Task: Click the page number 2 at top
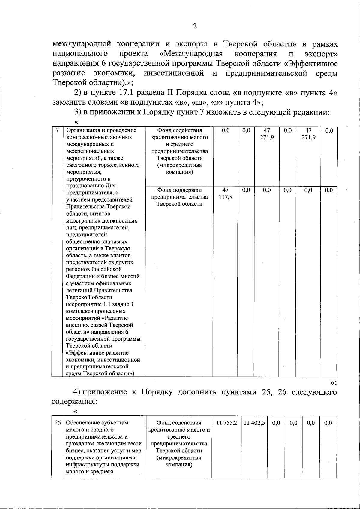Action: point(195,26)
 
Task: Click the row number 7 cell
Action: point(57,130)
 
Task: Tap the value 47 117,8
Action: point(225,193)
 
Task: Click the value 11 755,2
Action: point(226,423)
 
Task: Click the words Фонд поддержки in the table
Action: point(179,190)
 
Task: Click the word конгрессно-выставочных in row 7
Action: point(99,137)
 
